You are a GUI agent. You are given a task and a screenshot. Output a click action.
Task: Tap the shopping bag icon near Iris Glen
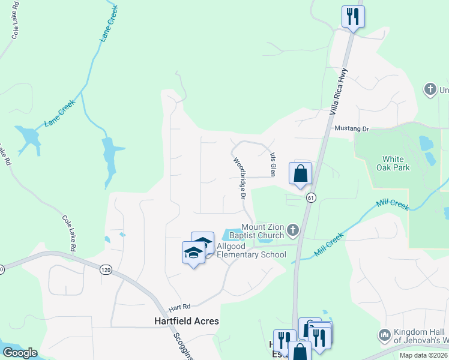(x=300, y=173)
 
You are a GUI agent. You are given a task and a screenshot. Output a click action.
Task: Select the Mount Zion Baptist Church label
(x=262, y=231)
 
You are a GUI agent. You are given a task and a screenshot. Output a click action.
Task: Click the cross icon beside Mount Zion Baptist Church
(x=292, y=230)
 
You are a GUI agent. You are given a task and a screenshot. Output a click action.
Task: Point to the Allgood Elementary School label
(x=251, y=251)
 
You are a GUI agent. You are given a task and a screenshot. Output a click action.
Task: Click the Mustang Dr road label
(x=352, y=129)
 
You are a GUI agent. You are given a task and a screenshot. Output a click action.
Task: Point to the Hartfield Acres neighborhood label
(x=182, y=321)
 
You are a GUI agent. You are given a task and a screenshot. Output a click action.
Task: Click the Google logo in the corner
(x=19, y=353)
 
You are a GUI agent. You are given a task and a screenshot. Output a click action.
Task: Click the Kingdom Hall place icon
(x=385, y=334)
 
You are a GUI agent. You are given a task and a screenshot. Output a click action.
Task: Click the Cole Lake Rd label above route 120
(x=68, y=233)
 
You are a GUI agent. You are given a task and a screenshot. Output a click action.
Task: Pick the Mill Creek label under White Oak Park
(x=393, y=205)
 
